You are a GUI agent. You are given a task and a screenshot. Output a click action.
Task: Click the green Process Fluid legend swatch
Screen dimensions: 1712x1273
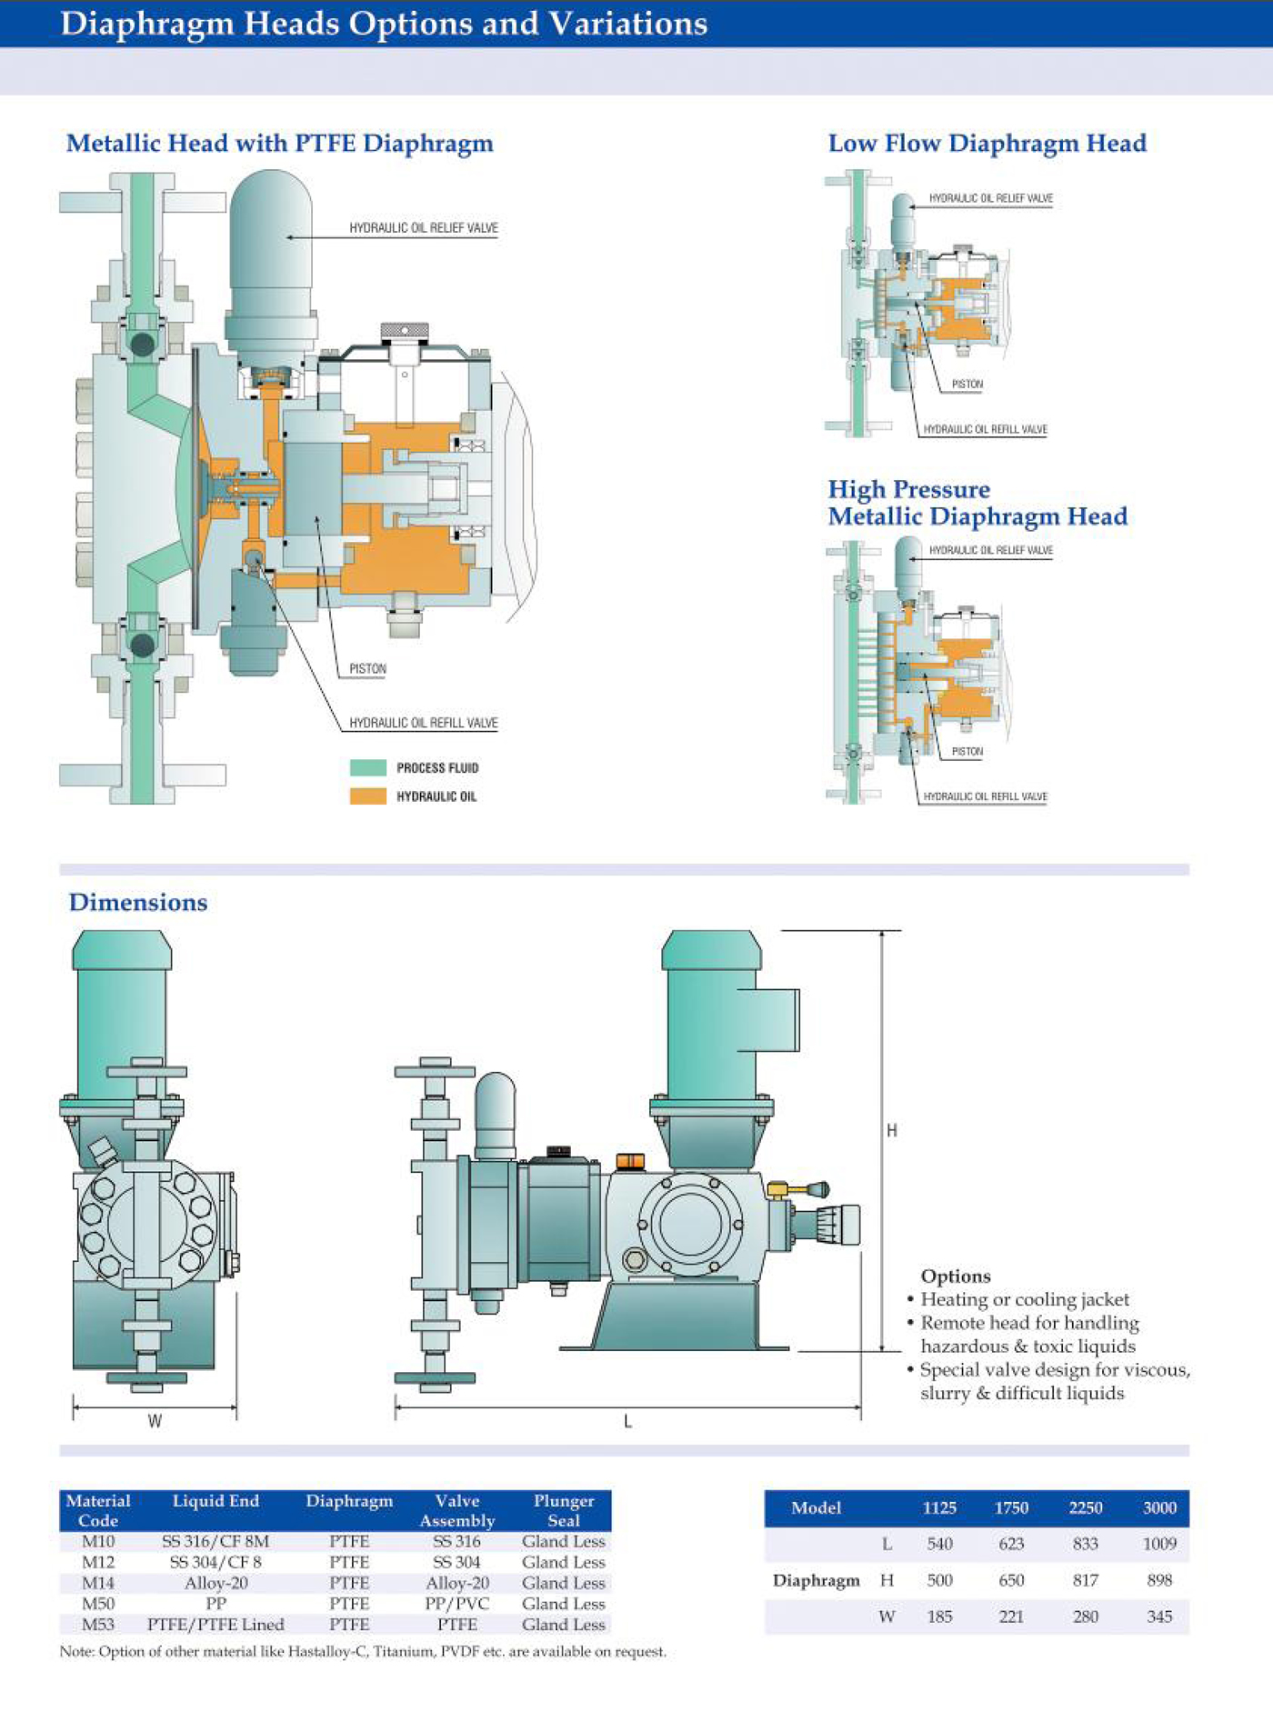pos(368,767)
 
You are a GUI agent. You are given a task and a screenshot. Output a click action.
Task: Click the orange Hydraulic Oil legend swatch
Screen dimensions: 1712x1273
pos(368,796)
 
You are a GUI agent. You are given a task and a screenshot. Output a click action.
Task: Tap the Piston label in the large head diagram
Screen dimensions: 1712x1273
pos(367,669)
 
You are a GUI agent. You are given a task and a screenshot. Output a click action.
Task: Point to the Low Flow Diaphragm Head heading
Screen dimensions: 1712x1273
pos(987,144)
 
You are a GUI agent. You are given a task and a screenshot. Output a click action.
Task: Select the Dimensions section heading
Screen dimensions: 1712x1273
pos(138,903)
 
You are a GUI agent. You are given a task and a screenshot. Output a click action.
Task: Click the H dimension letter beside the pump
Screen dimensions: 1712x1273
pos(892,1130)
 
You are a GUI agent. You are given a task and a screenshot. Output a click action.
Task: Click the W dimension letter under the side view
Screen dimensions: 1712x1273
pos(155,1421)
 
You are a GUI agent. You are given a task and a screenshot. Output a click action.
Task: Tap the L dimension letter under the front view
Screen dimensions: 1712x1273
pos(627,1422)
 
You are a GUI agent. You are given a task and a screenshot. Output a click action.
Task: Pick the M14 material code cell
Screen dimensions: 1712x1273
pos(98,1583)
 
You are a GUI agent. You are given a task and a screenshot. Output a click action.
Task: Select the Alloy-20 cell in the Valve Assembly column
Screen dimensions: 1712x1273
pos(457,1583)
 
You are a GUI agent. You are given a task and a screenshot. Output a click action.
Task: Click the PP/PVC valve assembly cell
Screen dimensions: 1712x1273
pos(457,1604)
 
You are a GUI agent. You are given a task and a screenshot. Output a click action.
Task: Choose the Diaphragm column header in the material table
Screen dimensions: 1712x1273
pos(349,1501)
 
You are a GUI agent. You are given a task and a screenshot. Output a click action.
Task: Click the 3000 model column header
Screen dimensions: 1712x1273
pos(1159,1508)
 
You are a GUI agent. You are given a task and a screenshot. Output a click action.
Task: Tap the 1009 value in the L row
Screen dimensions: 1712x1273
pos(1159,1544)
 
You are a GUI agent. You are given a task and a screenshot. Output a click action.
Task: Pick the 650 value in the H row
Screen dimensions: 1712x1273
pos(1011,1580)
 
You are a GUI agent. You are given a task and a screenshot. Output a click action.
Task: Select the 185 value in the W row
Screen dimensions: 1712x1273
pos(939,1617)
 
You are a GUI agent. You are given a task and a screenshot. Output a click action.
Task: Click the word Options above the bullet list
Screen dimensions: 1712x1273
pos(956,1276)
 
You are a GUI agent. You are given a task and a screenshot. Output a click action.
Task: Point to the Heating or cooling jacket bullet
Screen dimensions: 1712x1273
pos(1025,1300)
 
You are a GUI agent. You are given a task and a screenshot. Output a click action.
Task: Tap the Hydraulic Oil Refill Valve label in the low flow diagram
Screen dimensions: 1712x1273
pos(985,429)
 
